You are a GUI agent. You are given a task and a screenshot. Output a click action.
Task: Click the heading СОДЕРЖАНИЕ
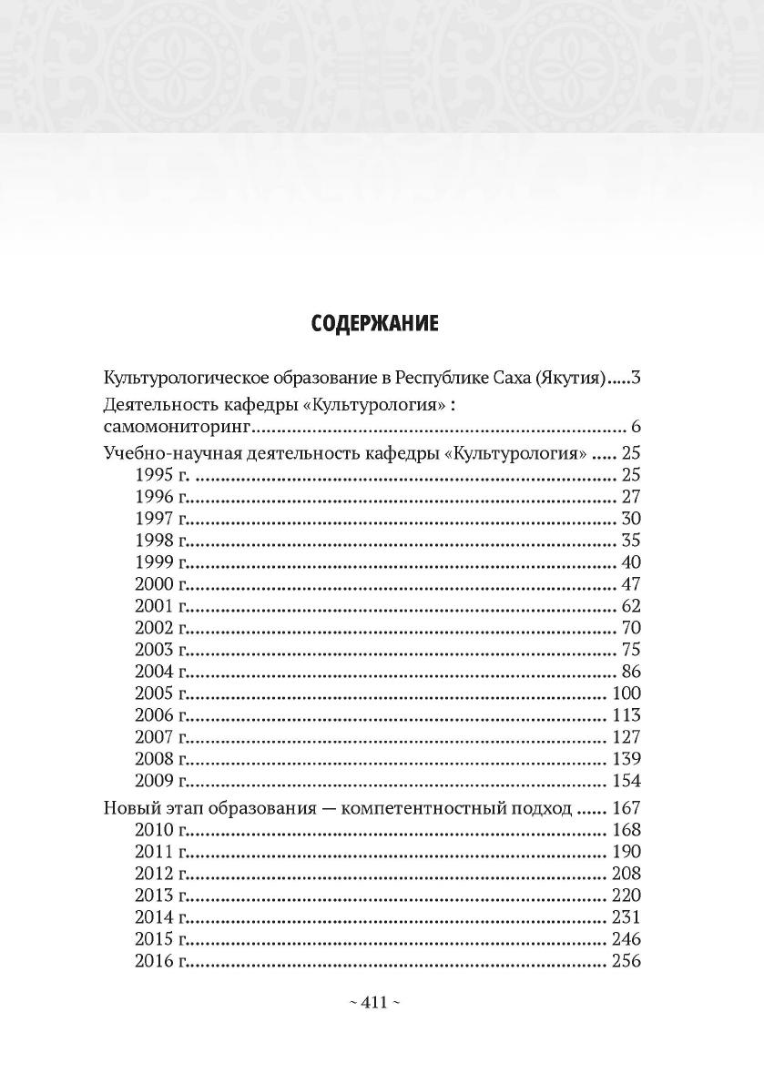pyautogui.click(x=375, y=324)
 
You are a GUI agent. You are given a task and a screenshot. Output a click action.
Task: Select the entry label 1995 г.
pyautogui.click(x=160, y=475)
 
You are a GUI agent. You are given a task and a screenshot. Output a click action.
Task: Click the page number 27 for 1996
pyautogui.click(x=630, y=497)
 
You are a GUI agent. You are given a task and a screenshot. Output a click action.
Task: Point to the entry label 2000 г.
pyautogui.click(x=160, y=584)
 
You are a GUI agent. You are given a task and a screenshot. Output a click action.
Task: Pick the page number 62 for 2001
pyautogui.click(x=630, y=606)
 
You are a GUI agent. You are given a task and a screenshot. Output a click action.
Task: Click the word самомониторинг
pyautogui.click(x=178, y=428)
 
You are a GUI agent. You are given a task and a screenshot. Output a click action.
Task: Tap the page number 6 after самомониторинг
pyautogui.click(x=636, y=428)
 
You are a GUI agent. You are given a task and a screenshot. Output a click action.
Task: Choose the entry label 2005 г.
pyautogui.click(x=160, y=693)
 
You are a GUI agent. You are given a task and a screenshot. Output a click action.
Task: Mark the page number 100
pyautogui.click(x=626, y=693)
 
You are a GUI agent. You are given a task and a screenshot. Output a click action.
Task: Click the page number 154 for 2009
pyautogui.click(x=626, y=781)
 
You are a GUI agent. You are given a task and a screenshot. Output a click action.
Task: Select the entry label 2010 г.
pyautogui.click(x=160, y=830)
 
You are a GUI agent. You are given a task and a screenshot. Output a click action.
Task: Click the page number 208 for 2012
pyautogui.click(x=626, y=874)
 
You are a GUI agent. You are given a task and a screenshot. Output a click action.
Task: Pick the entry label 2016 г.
pyautogui.click(x=160, y=961)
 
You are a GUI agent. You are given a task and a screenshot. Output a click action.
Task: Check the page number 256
pyautogui.click(x=626, y=961)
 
